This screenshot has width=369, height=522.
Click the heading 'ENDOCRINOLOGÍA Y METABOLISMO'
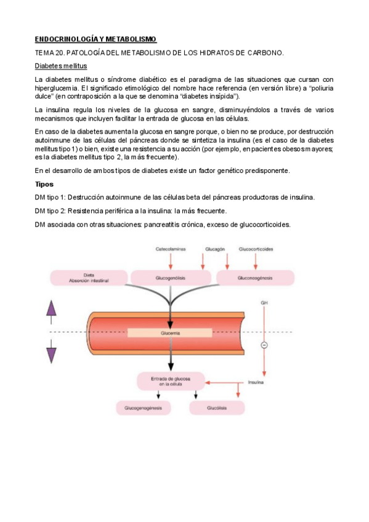click(95, 39)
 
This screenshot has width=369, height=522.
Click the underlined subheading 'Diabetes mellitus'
click(60, 66)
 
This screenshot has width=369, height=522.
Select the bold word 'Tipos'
click(44, 184)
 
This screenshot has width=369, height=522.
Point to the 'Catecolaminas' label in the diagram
click(171, 250)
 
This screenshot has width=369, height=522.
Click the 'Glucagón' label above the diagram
click(215, 250)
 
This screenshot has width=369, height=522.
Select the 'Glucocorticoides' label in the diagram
click(256, 250)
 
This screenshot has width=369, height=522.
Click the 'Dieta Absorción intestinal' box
click(88, 278)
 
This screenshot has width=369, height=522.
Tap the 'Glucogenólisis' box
click(171, 278)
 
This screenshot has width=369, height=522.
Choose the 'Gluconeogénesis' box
click(255, 278)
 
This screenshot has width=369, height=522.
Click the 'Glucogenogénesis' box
click(143, 408)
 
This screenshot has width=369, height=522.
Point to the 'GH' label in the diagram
click(264, 303)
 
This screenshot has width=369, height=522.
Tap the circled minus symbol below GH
click(264, 345)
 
